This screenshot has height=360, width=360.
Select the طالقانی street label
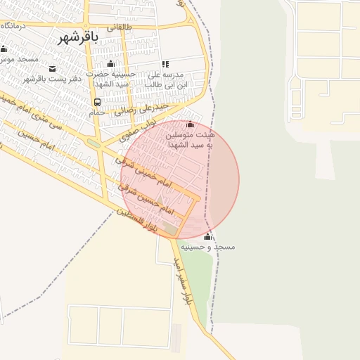(119, 27)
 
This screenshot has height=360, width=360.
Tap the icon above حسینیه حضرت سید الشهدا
(110, 64)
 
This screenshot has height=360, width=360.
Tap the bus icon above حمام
(97, 102)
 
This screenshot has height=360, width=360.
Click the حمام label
(97, 112)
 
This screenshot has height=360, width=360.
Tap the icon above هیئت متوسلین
(190, 124)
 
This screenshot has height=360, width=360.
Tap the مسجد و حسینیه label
(207, 247)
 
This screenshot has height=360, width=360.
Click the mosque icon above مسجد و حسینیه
(207, 237)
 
